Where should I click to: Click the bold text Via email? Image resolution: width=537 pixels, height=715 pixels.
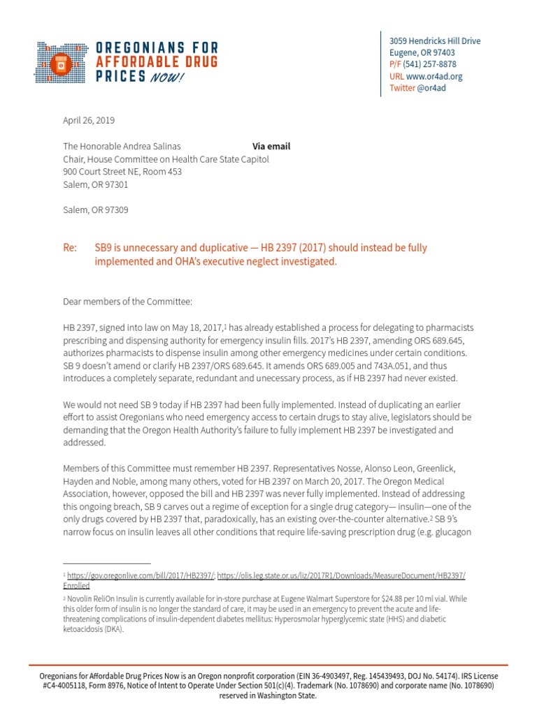[x=271, y=147]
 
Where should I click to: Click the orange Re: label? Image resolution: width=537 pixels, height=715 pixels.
[x=70, y=248]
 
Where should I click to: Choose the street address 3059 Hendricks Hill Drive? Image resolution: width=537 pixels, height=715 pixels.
[x=434, y=41]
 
